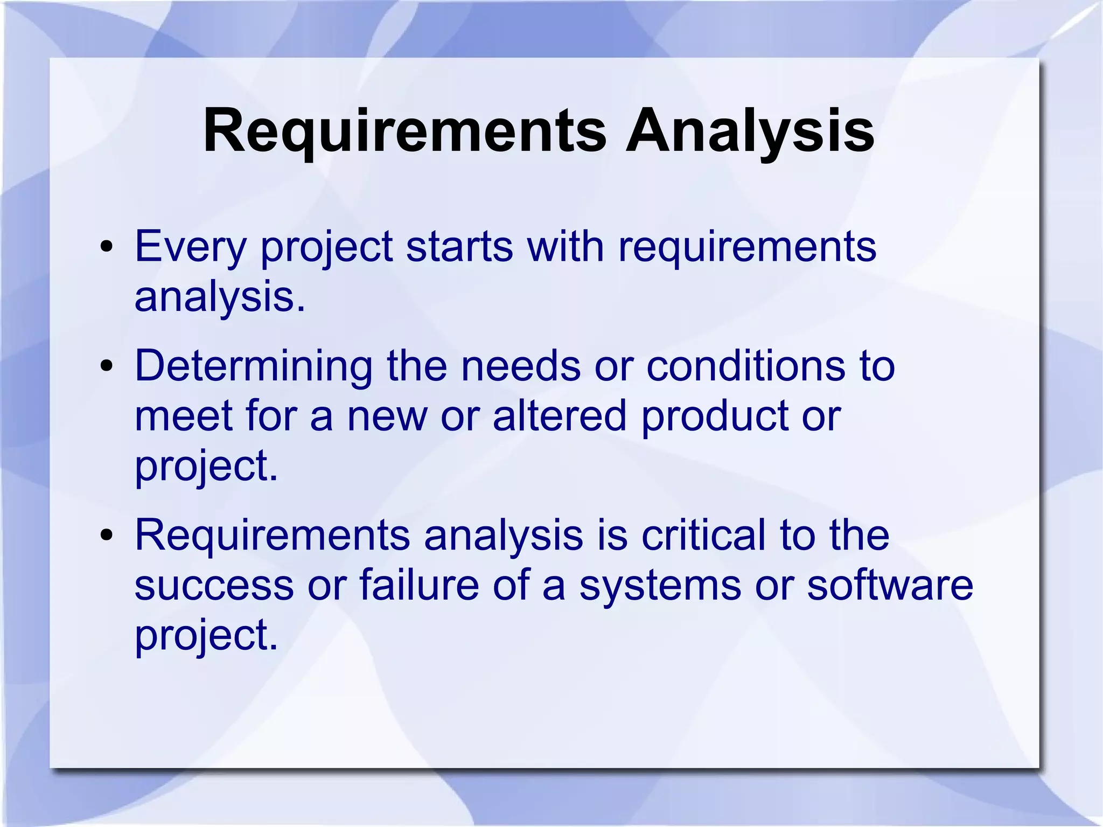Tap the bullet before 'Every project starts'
(107, 247)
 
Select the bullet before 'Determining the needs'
(107, 366)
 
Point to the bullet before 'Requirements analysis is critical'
(107, 536)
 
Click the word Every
(190, 247)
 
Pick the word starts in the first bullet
(459, 247)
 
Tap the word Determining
(253, 366)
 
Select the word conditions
(746, 366)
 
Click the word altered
(560, 416)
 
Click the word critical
(703, 536)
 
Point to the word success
(214, 586)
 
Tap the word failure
(419, 586)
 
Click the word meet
(184, 416)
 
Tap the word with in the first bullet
(565, 247)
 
